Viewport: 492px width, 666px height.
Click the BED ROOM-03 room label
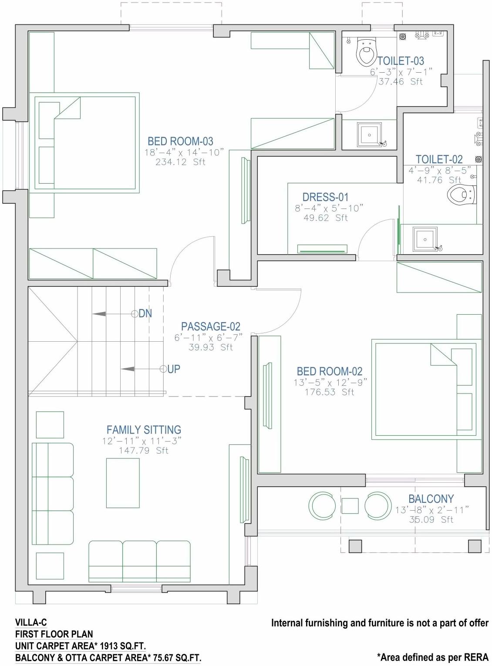click(x=180, y=141)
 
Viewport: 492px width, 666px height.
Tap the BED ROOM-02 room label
click(x=330, y=371)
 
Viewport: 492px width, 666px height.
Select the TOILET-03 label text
click(x=401, y=61)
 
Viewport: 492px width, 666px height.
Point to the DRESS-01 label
click(x=325, y=197)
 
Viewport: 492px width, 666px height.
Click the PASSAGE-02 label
click(x=210, y=326)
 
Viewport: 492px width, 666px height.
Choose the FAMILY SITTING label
click(x=144, y=430)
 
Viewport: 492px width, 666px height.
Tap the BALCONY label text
click(x=431, y=499)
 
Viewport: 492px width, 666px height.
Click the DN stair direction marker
click(x=145, y=313)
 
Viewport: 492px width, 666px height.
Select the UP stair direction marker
click(x=173, y=369)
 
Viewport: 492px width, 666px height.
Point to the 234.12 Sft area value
click(x=180, y=162)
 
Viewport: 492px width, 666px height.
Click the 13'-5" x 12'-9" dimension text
click(x=330, y=382)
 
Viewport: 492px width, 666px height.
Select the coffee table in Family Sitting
click(x=123, y=483)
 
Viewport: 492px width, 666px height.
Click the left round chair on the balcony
click(x=322, y=506)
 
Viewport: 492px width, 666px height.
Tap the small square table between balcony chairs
click(x=350, y=506)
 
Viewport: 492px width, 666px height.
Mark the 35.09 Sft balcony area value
click(x=431, y=519)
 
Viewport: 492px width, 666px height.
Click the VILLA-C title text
click(x=31, y=622)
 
